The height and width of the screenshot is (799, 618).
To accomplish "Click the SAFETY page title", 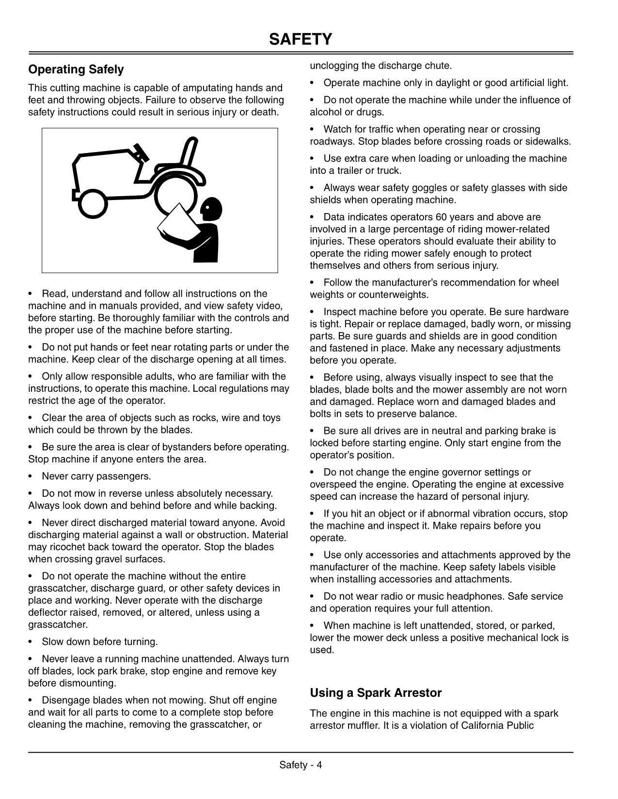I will (x=301, y=39).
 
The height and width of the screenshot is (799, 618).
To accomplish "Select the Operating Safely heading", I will (x=76, y=70).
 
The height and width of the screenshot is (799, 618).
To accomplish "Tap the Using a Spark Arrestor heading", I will (x=376, y=693).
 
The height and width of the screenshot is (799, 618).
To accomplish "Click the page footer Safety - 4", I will (x=301, y=765).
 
